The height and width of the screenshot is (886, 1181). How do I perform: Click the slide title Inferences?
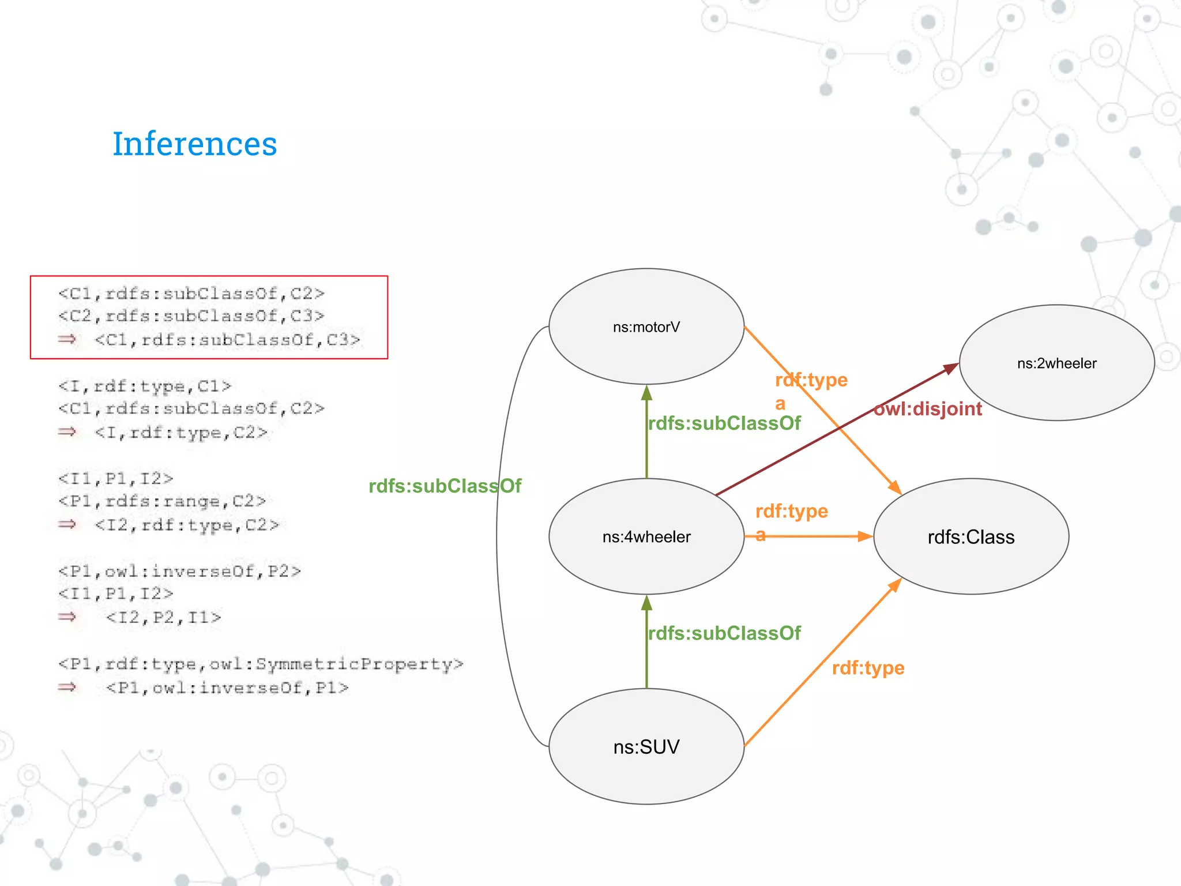coord(194,144)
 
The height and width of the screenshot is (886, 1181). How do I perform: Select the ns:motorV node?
coord(646,327)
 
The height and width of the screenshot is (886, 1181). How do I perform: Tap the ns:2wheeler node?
coord(1056,363)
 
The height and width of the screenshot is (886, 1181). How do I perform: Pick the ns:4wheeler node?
coord(646,537)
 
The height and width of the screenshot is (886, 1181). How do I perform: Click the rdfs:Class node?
coord(971,537)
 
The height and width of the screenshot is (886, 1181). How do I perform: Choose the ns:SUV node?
coord(646,747)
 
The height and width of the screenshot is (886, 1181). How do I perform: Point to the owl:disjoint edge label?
coord(927,409)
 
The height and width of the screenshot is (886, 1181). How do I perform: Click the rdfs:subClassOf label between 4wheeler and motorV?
coord(724,423)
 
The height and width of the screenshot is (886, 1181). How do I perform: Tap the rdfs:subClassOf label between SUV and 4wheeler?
coord(724,633)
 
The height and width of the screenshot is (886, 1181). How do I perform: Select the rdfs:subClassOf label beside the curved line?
coord(445,486)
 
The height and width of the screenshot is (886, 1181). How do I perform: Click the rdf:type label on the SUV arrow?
coord(868,668)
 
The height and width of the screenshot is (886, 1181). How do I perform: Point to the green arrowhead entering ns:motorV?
coord(646,393)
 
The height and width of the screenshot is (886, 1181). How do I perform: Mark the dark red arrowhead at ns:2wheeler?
coord(949,368)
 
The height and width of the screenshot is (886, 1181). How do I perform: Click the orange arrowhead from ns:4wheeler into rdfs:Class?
coord(864,536)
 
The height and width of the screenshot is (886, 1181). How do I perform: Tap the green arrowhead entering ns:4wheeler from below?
coord(646,603)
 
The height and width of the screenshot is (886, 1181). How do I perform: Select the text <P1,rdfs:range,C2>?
coord(162,501)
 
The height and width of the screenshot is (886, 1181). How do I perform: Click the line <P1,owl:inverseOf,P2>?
coord(179,571)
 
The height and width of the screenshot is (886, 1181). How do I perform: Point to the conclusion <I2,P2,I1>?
coord(164,618)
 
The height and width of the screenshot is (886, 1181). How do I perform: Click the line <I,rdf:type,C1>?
coord(145,386)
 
